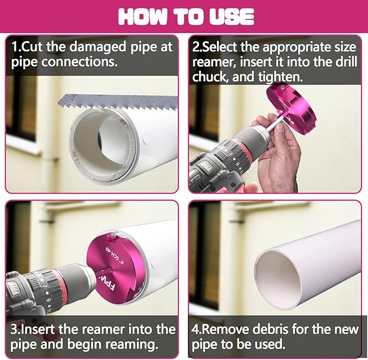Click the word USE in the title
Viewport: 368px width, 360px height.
pyautogui.click(x=231, y=17)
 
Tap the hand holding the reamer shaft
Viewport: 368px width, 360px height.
pyautogui.click(x=277, y=150)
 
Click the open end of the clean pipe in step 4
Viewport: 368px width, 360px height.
pyautogui.click(x=277, y=280)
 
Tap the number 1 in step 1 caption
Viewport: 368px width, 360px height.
pyautogui.click(x=15, y=47)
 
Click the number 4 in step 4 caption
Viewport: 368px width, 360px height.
pyautogui.click(x=195, y=330)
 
